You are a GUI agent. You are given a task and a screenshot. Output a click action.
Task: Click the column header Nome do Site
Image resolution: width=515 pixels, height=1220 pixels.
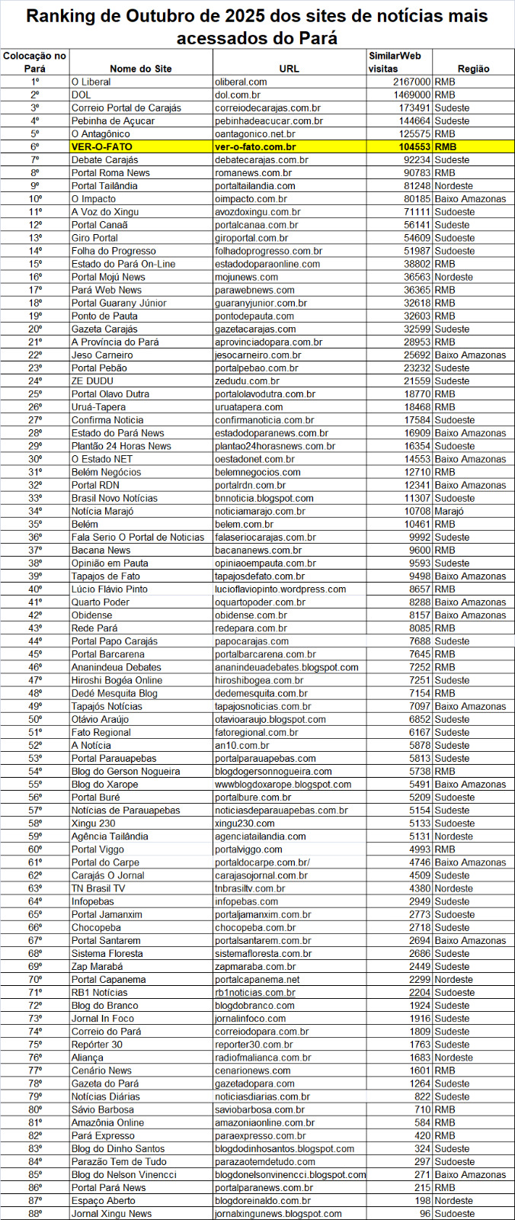[141, 69]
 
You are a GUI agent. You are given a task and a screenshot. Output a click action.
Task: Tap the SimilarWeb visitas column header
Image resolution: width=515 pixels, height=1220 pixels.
[395, 62]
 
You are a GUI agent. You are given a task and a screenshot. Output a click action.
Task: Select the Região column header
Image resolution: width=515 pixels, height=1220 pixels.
[473, 69]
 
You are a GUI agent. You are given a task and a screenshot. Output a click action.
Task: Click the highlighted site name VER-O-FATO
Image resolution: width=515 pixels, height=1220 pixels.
[102, 146]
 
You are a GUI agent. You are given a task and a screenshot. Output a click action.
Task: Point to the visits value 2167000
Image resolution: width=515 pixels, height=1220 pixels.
[412, 82]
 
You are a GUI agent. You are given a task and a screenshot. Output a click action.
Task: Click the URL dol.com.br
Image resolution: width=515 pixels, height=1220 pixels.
[238, 95]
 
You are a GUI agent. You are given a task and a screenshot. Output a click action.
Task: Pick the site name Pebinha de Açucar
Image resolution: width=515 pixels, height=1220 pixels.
[113, 120]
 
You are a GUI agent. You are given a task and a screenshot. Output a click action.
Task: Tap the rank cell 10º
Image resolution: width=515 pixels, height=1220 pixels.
[35, 199]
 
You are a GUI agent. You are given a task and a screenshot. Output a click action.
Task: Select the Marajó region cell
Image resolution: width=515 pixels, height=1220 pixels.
[449, 511]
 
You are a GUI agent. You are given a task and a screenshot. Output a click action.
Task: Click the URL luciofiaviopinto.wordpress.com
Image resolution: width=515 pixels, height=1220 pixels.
[280, 589]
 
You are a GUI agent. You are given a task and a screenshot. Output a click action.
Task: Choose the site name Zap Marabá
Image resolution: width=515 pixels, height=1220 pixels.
[97, 966]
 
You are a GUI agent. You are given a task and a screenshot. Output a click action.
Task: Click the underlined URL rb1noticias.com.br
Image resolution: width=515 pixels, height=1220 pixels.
[255, 992]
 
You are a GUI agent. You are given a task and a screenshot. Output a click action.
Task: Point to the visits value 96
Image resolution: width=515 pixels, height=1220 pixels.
[424, 1213]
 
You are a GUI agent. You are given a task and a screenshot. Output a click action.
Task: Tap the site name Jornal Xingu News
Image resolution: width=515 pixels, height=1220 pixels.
[111, 1213]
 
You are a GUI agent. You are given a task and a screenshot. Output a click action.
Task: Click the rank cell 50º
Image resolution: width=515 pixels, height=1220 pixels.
[35, 719]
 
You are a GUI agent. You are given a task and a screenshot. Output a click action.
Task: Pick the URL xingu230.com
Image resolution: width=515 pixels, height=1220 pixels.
[245, 823]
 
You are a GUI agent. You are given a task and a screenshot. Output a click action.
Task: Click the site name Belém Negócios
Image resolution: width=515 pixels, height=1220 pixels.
[106, 472]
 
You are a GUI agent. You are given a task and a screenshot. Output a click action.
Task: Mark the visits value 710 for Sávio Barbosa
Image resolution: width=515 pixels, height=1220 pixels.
[422, 1109]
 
